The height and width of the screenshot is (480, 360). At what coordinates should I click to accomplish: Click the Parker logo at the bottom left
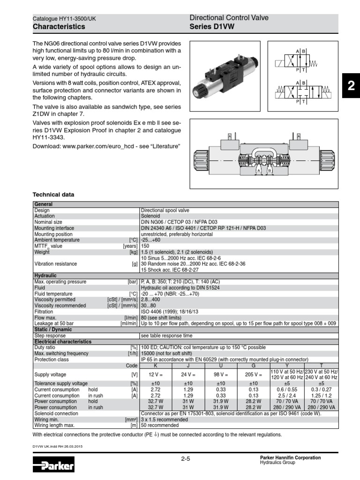[54, 466]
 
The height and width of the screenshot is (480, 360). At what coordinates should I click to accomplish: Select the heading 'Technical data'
[53, 195]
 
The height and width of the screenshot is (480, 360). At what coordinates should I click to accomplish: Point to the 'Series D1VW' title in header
[211, 27]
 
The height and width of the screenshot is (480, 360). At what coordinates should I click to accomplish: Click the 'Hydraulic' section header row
[45, 276]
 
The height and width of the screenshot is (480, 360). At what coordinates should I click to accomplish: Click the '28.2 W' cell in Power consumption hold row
[254, 402]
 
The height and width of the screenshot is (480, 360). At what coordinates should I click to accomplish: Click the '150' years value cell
[145, 246]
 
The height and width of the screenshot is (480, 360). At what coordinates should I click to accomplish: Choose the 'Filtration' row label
[44, 311]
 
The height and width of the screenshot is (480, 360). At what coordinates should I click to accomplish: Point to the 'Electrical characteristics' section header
[62, 342]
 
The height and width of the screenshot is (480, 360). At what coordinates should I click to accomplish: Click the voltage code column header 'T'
[321, 365]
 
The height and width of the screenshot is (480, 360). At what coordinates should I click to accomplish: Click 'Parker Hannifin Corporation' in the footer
[290, 457]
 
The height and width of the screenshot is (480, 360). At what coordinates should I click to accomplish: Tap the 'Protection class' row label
[51, 360]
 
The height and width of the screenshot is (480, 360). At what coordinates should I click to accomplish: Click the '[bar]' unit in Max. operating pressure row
[133, 282]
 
